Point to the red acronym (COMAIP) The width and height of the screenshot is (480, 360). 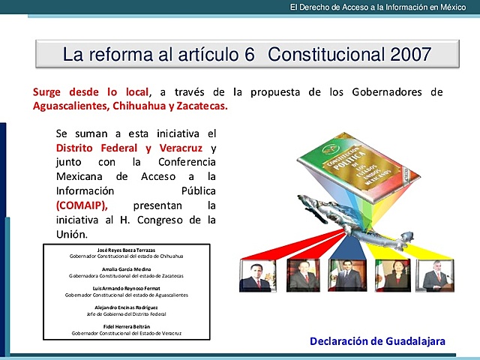pyautogui.click(x=82, y=205)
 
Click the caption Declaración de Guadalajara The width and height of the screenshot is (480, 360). pyautogui.click(x=377, y=341)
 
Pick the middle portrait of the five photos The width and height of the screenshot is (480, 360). pyautogui.click(x=347, y=275)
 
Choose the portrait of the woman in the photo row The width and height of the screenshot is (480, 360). pyautogui.click(x=392, y=275)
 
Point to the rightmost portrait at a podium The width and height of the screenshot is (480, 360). pyautogui.click(x=437, y=275)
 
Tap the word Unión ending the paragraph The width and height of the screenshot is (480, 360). pyautogui.click(x=73, y=234)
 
